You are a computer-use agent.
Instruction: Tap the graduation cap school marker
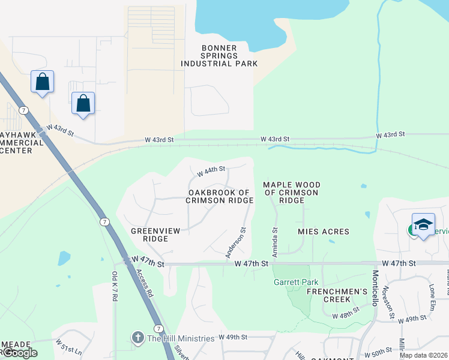(x=423, y=224)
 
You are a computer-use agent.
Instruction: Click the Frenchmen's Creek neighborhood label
(x=337, y=295)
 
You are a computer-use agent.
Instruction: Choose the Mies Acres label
(x=323, y=232)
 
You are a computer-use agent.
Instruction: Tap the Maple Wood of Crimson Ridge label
(x=291, y=193)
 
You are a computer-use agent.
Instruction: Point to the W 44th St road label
(x=211, y=170)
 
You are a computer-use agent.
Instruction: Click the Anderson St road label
(x=236, y=242)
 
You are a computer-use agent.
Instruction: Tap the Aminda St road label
(x=275, y=242)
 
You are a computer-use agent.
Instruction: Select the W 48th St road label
(x=348, y=312)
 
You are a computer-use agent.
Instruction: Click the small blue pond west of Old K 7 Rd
(x=64, y=258)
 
